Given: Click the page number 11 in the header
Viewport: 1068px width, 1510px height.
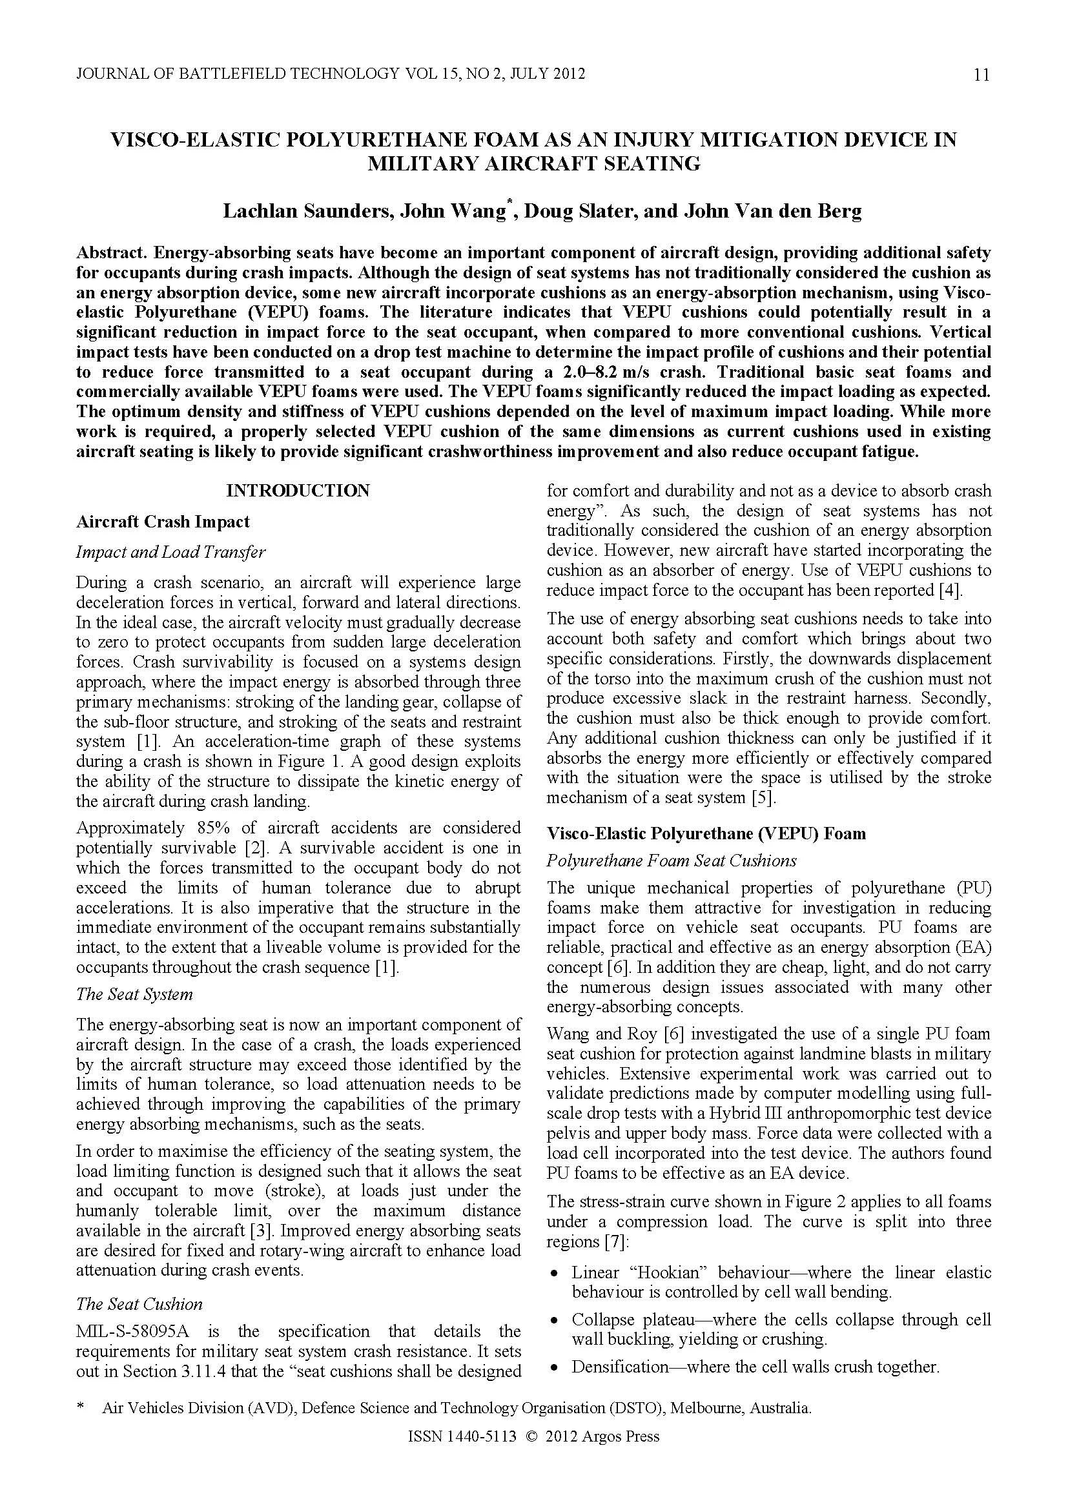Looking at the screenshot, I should pos(980,75).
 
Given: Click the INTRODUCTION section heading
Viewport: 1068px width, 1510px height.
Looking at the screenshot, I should pos(298,491).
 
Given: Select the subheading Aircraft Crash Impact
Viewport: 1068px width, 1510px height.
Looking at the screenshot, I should pos(163,522).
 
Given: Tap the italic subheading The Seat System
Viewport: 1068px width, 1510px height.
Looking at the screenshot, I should pos(134,994).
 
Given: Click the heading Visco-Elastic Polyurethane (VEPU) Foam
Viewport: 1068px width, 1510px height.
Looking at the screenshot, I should pos(706,833).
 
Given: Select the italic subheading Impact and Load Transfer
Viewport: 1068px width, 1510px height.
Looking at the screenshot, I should pos(171,552).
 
